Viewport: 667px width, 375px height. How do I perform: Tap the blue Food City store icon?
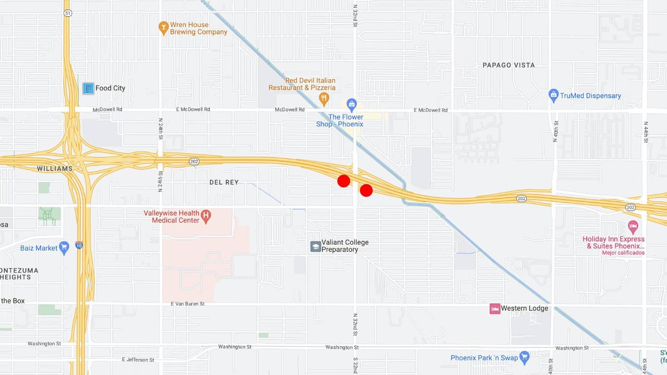point(89,88)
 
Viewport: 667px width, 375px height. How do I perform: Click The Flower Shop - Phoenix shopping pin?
point(352,104)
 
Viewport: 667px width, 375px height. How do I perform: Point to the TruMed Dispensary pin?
point(553,95)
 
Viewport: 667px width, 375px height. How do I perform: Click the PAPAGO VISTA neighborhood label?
point(509,65)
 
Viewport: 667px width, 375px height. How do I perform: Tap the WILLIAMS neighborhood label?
point(55,169)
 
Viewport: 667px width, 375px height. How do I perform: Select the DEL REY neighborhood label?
point(224,182)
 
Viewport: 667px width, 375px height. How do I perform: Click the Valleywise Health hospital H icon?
point(206,215)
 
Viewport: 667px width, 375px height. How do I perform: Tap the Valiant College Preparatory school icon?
point(315,246)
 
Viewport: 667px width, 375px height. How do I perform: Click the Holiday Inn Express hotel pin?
point(633,227)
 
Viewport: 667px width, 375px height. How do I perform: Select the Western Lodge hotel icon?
point(495,308)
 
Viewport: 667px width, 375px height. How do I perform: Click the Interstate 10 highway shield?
point(79,245)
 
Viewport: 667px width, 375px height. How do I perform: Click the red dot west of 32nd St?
point(343,181)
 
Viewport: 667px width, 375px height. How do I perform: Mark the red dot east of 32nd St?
point(366,190)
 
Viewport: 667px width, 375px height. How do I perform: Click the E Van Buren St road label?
point(188,304)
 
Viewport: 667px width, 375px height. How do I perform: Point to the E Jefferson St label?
point(138,359)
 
